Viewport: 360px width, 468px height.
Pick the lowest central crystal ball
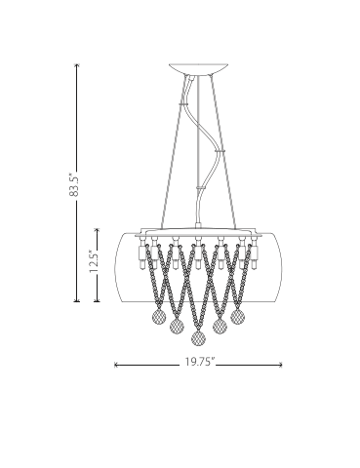point(199,338)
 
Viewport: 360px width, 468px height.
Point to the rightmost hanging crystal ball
point(237,315)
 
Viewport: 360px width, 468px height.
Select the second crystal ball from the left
point(177,326)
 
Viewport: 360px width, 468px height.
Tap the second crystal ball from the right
point(220,326)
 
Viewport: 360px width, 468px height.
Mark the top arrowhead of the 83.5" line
point(76,64)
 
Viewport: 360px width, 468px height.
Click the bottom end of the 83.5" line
point(76,299)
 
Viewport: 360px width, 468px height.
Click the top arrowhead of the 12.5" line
point(97,230)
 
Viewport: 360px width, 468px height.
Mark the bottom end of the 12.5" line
point(97,299)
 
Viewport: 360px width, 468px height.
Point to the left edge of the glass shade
point(117,263)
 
